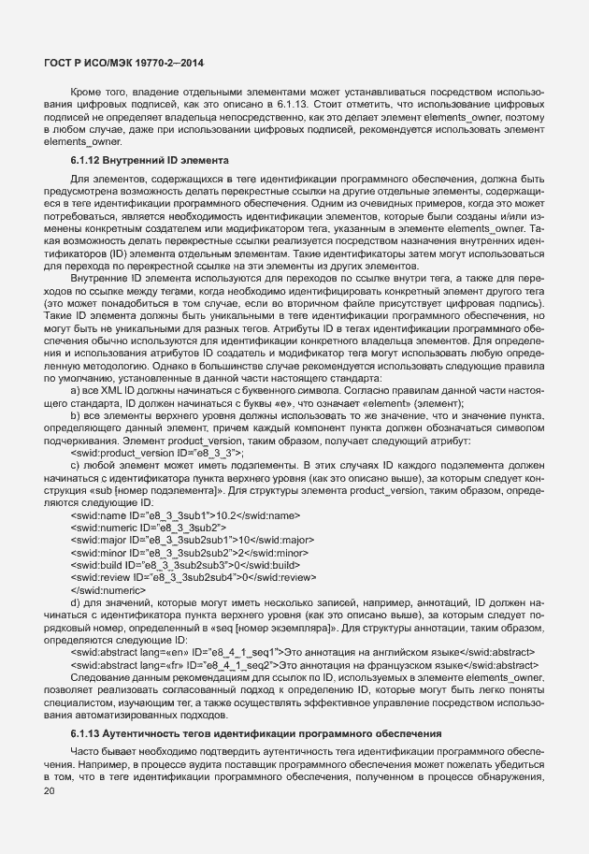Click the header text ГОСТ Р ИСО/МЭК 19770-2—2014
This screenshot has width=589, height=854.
coord(124,63)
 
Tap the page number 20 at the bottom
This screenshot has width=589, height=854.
coord(50,793)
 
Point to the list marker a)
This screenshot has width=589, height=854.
coord(76,388)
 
